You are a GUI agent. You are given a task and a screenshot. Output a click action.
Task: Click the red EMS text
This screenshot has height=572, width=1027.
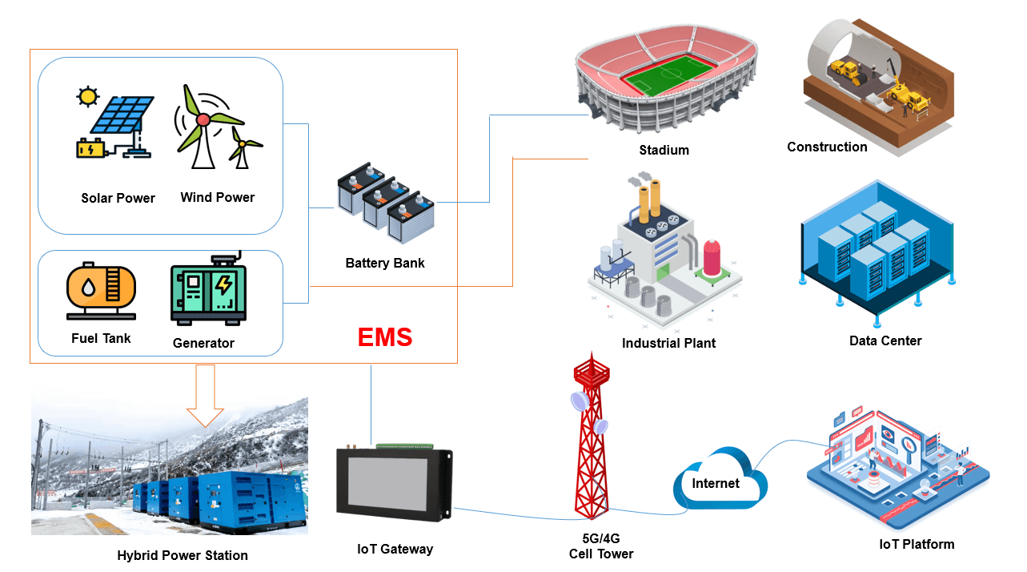click(x=385, y=336)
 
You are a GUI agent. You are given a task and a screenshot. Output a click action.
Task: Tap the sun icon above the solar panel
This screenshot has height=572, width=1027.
click(x=86, y=97)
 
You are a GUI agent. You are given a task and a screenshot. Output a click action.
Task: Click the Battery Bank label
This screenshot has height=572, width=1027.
click(x=385, y=263)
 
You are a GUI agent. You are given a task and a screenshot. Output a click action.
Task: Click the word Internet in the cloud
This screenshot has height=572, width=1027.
click(x=716, y=483)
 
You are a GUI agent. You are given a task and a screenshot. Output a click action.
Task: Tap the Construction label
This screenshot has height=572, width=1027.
click(x=827, y=147)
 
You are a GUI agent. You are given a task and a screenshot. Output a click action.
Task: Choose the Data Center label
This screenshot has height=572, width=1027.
click(x=885, y=340)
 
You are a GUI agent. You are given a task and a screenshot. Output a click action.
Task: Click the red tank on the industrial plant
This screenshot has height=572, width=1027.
click(x=712, y=255)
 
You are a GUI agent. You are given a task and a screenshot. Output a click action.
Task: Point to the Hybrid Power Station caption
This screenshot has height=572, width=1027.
click(x=183, y=555)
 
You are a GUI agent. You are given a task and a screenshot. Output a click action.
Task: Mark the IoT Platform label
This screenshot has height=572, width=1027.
click(x=917, y=544)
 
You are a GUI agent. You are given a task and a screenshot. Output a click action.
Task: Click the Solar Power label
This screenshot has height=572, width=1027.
click(x=118, y=198)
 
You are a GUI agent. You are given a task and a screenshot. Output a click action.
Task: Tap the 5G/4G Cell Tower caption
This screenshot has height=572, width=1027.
click(x=601, y=546)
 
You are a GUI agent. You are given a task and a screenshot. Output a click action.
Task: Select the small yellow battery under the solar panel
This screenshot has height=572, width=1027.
click(x=90, y=149)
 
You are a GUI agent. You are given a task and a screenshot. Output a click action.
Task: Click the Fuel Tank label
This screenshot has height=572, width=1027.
click(x=101, y=338)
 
